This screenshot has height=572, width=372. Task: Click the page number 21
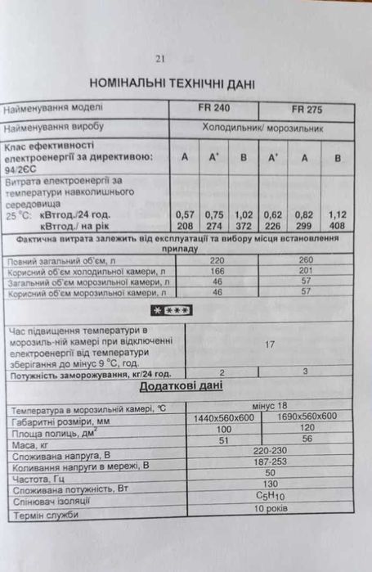160,58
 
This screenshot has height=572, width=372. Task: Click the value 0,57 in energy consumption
185,214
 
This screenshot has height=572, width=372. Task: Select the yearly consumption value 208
184,224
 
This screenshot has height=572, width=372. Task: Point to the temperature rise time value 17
269,345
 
